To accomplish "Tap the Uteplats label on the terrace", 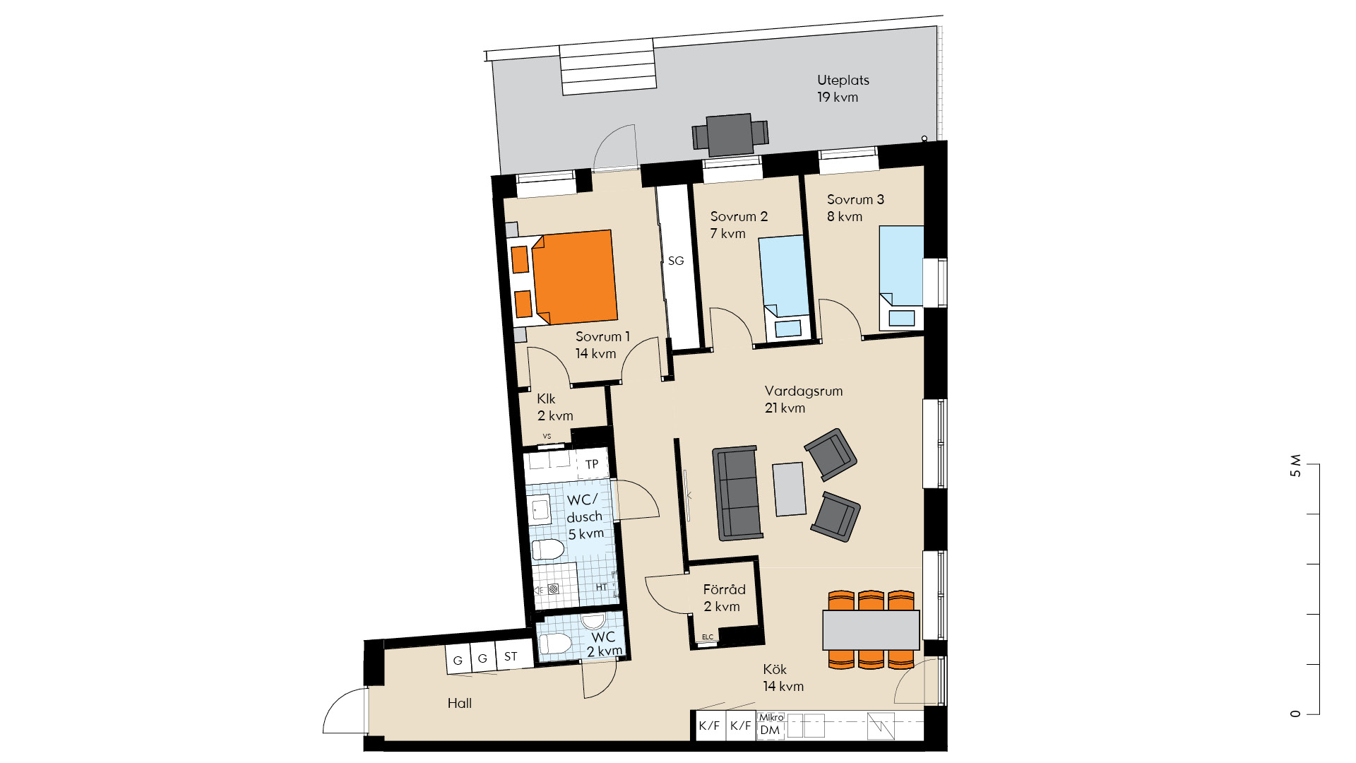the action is pos(843,81).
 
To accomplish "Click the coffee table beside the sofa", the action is pos(789,489).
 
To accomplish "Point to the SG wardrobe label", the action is pos(676,261).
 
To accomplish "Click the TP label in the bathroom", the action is pos(592,464).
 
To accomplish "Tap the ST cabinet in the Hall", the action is pos(511,657).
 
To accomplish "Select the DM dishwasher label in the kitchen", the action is pos(771,731).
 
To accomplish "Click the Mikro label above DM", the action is pos(771,717).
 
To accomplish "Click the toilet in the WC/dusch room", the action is pos(547,549).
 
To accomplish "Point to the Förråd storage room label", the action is pos(724,589).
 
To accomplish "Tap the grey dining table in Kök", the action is pos(871,630).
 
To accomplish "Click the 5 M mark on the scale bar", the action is pos(1295,466).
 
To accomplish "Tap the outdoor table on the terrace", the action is pos(730,134).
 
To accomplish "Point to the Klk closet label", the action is pos(546,399).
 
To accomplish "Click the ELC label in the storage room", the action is pos(708,637).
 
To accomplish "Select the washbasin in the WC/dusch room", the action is pos(540,509).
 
